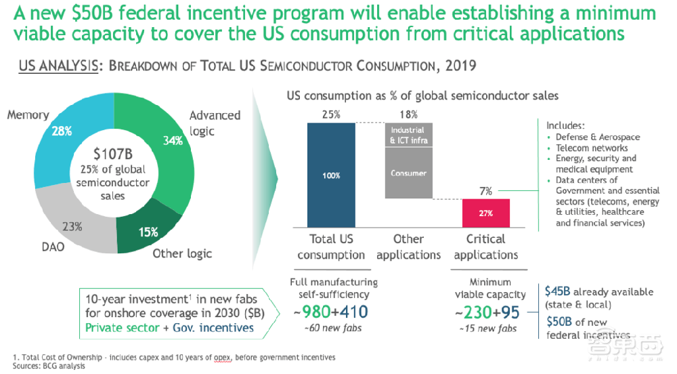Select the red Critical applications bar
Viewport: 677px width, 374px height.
tap(486, 213)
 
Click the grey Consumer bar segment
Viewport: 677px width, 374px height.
tap(408, 173)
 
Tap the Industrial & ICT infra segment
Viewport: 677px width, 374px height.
tap(408, 135)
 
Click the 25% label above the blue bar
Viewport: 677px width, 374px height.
tap(331, 115)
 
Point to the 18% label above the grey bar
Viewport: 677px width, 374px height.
tap(408, 115)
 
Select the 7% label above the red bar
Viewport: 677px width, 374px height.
tap(486, 192)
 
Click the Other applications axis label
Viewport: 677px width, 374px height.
tap(408, 247)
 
